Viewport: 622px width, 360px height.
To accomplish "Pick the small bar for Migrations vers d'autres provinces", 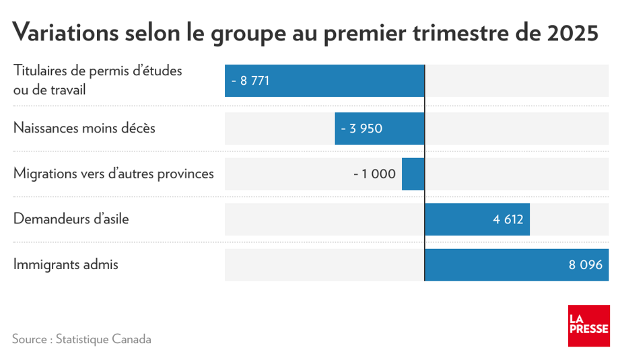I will pyautogui.click(x=413, y=174).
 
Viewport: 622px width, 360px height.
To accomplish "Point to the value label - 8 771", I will pyautogui.click(x=250, y=81).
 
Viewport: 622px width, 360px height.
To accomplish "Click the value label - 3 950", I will pyautogui.click(x=361, y=128).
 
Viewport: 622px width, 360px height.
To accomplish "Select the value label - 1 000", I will pyautogui.click(x=374, y=174).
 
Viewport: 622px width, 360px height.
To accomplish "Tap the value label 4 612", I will pyautogui.click(x=508, y=219).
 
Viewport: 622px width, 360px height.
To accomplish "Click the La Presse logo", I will pyautogui.click(x=588, y=326).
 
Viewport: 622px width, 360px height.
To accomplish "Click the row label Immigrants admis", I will pyautogui.click(x=66, y=265).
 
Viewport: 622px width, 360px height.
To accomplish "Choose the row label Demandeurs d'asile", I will pyautogui.click(x=71, y=219).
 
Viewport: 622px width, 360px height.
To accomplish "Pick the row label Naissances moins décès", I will pyautogui.click(x=84, y=128).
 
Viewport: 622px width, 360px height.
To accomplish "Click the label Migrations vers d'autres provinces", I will pyautogui.click(x=114, y=174).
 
